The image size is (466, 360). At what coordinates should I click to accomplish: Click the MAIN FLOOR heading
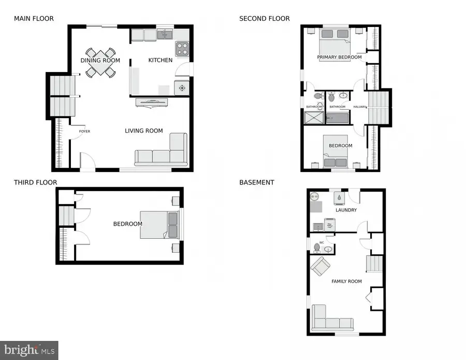(x=34, y=19)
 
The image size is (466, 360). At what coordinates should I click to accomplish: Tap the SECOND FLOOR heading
(x=264, y=19)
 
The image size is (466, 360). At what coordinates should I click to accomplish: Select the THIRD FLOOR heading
(x=35, y=182)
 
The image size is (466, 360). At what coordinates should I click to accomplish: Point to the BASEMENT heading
(x=257, y=182)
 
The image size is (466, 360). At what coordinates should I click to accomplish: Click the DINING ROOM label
(x=100, y=61)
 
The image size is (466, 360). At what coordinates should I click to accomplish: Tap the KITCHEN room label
(x=161, y=61)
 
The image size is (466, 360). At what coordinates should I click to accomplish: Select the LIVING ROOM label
(x=144, y=131)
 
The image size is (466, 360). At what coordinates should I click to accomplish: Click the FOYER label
(x=84, y=132)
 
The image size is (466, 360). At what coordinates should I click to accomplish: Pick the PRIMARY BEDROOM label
(x=340, y=57)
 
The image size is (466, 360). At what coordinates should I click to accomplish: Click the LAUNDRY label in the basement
(x=346, y=210)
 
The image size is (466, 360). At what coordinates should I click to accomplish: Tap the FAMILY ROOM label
(x=346, y=281)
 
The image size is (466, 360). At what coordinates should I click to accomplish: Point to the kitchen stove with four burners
(x=182, y=49)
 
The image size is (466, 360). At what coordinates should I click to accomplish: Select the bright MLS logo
(x=29, y=350)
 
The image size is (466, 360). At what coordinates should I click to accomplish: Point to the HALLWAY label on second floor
(x=360, y=107)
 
